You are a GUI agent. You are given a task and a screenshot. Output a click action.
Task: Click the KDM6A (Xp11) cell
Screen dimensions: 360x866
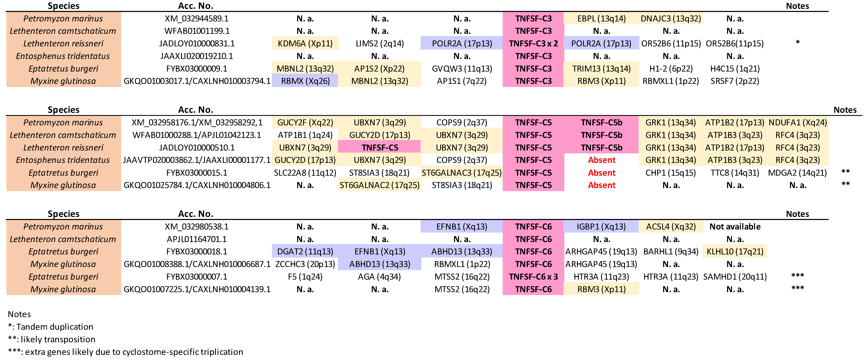(305, 43)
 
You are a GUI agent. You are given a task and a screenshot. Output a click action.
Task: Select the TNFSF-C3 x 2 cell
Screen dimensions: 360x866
(533, 43)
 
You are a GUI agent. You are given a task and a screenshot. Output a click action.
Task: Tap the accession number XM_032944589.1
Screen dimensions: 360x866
(197, 19)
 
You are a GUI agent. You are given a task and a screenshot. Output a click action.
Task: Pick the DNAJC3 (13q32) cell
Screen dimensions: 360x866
(671, 19)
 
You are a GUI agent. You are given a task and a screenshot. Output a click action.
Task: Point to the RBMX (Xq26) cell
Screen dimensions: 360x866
(305, 81)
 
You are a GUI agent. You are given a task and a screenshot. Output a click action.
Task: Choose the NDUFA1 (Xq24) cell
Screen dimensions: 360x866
(797, 122)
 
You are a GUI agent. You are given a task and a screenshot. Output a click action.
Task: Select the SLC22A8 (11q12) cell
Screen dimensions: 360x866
(305, 173)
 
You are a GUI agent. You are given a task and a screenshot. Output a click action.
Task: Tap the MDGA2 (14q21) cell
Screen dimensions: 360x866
(797, 173)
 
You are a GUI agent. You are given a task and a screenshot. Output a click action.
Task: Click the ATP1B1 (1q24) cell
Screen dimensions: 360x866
(305, 135)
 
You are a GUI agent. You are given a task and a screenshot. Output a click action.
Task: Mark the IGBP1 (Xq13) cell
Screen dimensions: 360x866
(601, 227)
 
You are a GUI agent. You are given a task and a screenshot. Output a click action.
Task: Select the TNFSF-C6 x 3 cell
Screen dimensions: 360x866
(533, 277)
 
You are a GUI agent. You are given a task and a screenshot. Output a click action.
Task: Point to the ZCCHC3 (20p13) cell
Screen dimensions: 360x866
(305, 264)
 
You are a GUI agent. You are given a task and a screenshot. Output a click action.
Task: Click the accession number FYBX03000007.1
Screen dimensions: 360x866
(197, 277)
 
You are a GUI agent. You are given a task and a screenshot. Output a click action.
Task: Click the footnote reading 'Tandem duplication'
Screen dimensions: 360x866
(51, 327)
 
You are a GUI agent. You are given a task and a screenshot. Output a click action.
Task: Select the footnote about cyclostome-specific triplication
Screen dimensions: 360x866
(125, 352)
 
